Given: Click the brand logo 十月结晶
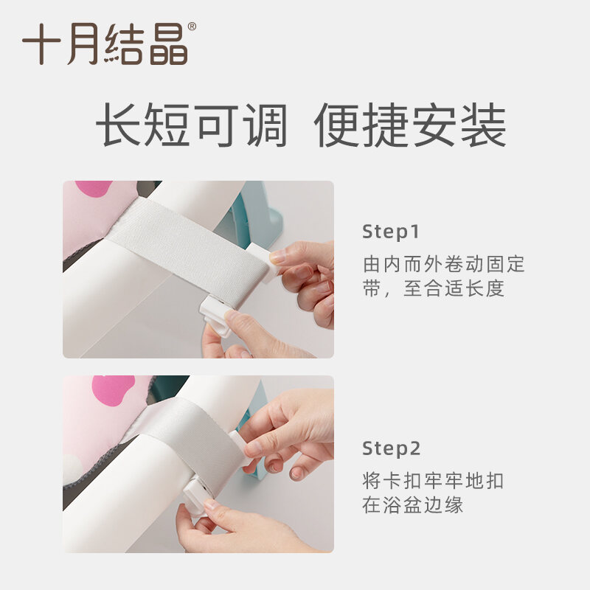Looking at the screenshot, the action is (x=105, y=44).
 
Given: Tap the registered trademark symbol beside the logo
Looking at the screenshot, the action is (x=192, y=27).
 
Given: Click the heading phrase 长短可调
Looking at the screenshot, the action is (x=192, y=125).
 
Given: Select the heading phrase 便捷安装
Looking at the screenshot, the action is (x=410, y=125).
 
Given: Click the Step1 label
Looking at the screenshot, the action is (x=391, y=232).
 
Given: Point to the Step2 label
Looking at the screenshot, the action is (x=392, y=448).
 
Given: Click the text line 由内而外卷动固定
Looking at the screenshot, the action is (x=444, y=264).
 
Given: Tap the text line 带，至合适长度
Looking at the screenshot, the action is (x=434, y=288).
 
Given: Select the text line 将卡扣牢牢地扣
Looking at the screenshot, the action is (x=433, y=481).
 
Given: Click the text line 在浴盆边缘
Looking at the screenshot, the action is (x=413, y=505).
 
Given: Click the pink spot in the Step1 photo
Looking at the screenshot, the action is (x=94, y=188).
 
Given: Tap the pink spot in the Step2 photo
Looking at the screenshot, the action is (x=114, y=392).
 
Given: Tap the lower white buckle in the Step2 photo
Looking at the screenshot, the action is (x=195, y=496).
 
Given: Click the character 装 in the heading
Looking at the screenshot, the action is (x=484, y=125).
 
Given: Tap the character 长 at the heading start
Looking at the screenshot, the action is (x=119, y=125).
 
